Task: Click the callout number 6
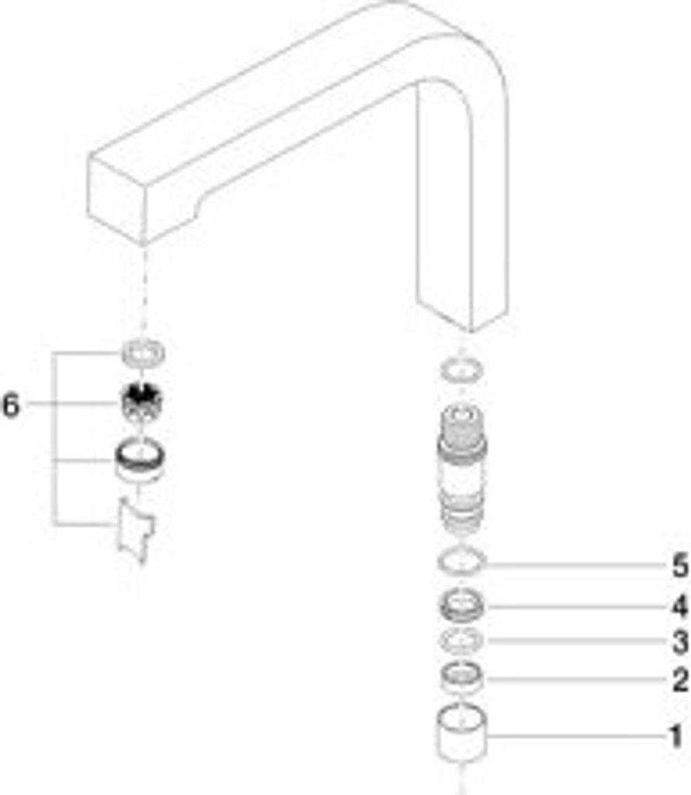click(11, 404)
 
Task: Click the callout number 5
click(679, 566)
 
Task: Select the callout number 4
click(679, 604)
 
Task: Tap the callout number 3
click(679, 642)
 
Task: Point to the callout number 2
click(679, 681)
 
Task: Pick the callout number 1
click(676, 735)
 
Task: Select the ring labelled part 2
click(463, 677)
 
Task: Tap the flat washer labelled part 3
click(462, 641)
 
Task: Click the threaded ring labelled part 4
click(463, 603)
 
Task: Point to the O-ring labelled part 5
click(462, 560)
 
